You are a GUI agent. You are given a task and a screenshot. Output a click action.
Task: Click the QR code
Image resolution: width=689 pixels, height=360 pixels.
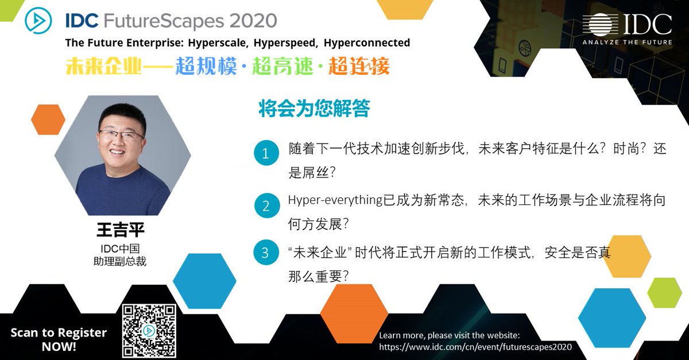(x=149, y=331)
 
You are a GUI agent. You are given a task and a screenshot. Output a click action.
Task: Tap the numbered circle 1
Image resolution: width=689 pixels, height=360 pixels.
(x=265, y=153)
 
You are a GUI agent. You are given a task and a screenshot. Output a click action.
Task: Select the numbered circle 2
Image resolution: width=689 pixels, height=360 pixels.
(x=265, y=206)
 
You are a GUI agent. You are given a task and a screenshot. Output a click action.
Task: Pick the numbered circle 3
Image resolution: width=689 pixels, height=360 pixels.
(x=265, y=253)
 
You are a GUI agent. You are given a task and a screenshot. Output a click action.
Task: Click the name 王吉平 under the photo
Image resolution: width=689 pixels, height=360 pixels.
(x=121, y=230)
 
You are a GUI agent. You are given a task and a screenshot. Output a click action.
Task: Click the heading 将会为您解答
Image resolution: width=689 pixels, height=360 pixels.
(x=314, y=109)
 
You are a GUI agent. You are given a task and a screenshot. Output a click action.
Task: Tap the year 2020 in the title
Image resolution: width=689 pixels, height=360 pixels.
(x=253, y=21)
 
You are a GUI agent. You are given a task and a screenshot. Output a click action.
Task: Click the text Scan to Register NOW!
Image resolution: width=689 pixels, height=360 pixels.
(x=59, y=339)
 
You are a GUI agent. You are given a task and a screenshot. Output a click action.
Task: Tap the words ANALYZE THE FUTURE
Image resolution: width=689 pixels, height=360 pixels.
(x=627, y=42)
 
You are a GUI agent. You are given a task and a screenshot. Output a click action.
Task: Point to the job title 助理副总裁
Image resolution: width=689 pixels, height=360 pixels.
(x=120, y=261)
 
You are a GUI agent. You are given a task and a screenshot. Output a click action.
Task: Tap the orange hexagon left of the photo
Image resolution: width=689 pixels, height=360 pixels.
(x=48, y=119)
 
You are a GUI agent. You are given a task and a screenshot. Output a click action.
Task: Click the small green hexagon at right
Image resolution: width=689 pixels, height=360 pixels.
(x=664, y=293)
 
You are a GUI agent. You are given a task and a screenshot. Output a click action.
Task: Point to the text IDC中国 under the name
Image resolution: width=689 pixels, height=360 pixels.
(x=120, y=249)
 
